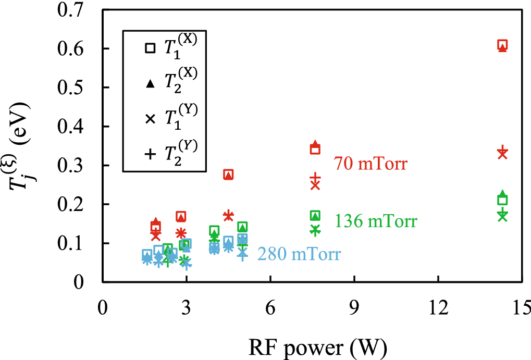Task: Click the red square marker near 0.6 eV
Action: tap(502, 45)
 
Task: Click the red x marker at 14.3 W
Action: tap(502, 154)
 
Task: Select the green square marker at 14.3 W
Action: tap(502, 201)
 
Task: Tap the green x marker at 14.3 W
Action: tap(502, 216)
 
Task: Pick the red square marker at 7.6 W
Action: tap(315, 150)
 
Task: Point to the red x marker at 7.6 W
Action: tap(315, 185)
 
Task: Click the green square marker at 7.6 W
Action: tap(315, 216)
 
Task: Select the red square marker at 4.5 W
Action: tap(228, 175)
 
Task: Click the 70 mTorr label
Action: tap(370, 165)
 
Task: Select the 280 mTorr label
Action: tap(299, 255)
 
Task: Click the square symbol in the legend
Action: tap(150, 48)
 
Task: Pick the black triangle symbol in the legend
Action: tap(150, 83)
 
